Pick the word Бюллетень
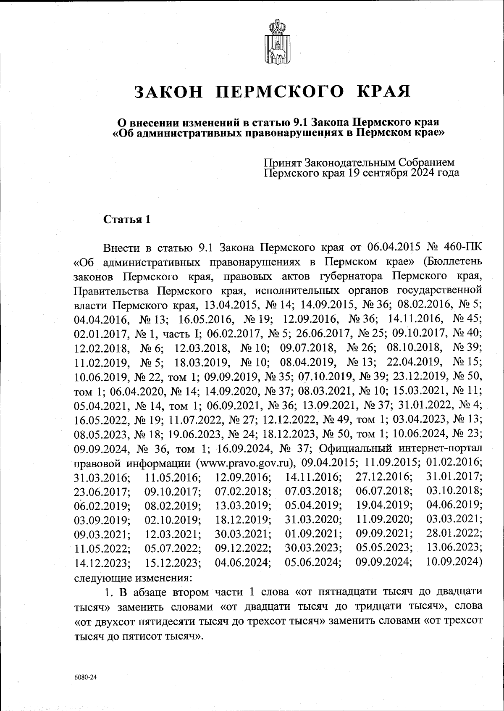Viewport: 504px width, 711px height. pyautogui.click(x=452, y=261)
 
